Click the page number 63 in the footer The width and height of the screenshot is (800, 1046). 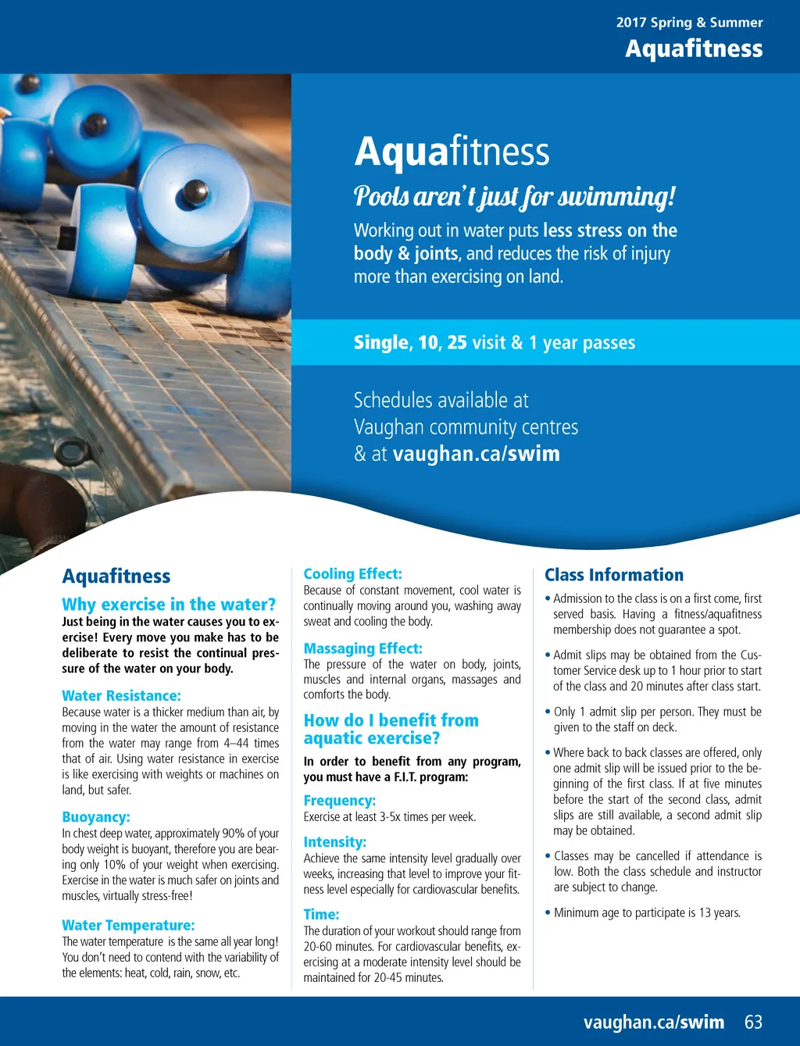(753, 1022)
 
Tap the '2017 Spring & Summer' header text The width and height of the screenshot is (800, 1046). (689, 23)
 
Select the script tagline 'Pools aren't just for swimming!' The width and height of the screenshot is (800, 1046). (514, 196)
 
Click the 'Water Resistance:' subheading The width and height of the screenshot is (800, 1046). (121, 695)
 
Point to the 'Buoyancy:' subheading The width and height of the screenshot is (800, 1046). (96, 817)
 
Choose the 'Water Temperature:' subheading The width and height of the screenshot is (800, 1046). (128, 925)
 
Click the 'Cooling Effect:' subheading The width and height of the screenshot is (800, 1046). (352, 573)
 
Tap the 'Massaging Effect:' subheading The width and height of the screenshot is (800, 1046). (362, 648)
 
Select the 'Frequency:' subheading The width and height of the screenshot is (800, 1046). (339, 800)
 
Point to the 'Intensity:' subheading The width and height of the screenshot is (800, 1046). (334, 842)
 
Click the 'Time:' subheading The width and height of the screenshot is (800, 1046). (321, 914)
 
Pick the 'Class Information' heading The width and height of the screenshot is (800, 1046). (613, 575)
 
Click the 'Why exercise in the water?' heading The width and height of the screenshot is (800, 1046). (169, 604)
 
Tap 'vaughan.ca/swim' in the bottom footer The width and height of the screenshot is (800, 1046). (653, 1022)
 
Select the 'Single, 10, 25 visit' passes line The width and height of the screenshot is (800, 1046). (494, 342)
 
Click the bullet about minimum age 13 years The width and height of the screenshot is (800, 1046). (647, 912)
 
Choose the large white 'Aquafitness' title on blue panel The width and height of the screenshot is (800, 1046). (452, 152)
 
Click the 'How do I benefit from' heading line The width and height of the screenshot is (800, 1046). (391, 720)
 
